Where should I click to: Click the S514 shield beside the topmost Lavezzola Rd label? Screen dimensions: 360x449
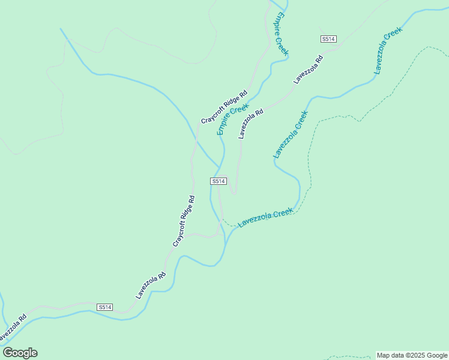328,39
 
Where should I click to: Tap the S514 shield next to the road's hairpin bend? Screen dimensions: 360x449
218,181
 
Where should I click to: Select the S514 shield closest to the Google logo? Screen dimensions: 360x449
105,307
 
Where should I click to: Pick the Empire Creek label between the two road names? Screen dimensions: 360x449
233,118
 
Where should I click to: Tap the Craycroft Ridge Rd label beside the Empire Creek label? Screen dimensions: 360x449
224,107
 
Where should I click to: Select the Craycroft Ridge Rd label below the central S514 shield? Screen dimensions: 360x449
184,221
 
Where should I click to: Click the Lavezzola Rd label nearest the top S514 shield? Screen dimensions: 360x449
309,69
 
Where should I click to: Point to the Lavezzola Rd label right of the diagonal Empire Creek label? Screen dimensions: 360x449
251,124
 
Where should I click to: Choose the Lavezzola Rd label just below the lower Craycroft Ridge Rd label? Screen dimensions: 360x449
150,286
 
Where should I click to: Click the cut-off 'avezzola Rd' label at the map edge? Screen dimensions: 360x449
12,326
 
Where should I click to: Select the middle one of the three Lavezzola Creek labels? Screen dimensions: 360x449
291,134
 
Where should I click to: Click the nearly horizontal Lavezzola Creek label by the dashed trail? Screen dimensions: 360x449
265,217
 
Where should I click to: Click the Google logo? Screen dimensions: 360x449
20,353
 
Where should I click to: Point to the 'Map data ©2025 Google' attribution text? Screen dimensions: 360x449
412,355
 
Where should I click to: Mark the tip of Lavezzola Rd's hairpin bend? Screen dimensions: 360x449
234,193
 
